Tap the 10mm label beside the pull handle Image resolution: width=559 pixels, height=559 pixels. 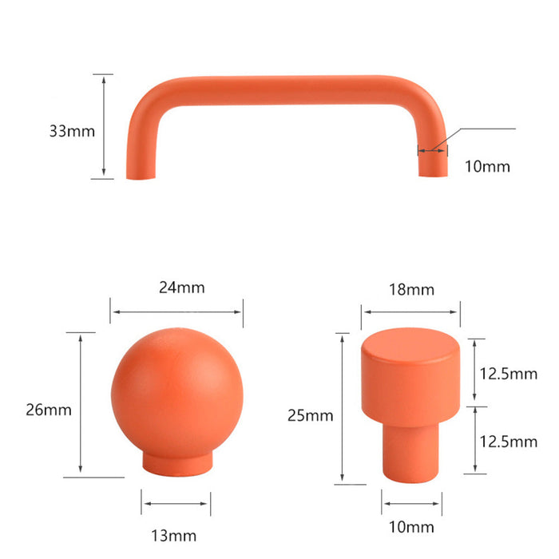(x=486, y=167)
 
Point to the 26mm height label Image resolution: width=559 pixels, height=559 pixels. (x=49, y=410)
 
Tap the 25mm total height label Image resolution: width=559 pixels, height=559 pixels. (x=310, y=415)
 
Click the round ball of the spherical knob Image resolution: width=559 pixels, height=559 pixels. (x=176, y=390)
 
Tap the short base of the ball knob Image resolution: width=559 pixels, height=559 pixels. (x=176, y=462)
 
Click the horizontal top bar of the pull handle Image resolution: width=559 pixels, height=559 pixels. (x=279, y=87)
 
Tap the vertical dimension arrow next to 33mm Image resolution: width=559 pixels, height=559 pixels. (x=104, y=126)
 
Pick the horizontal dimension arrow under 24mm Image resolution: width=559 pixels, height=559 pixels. (x=176, y=312)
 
